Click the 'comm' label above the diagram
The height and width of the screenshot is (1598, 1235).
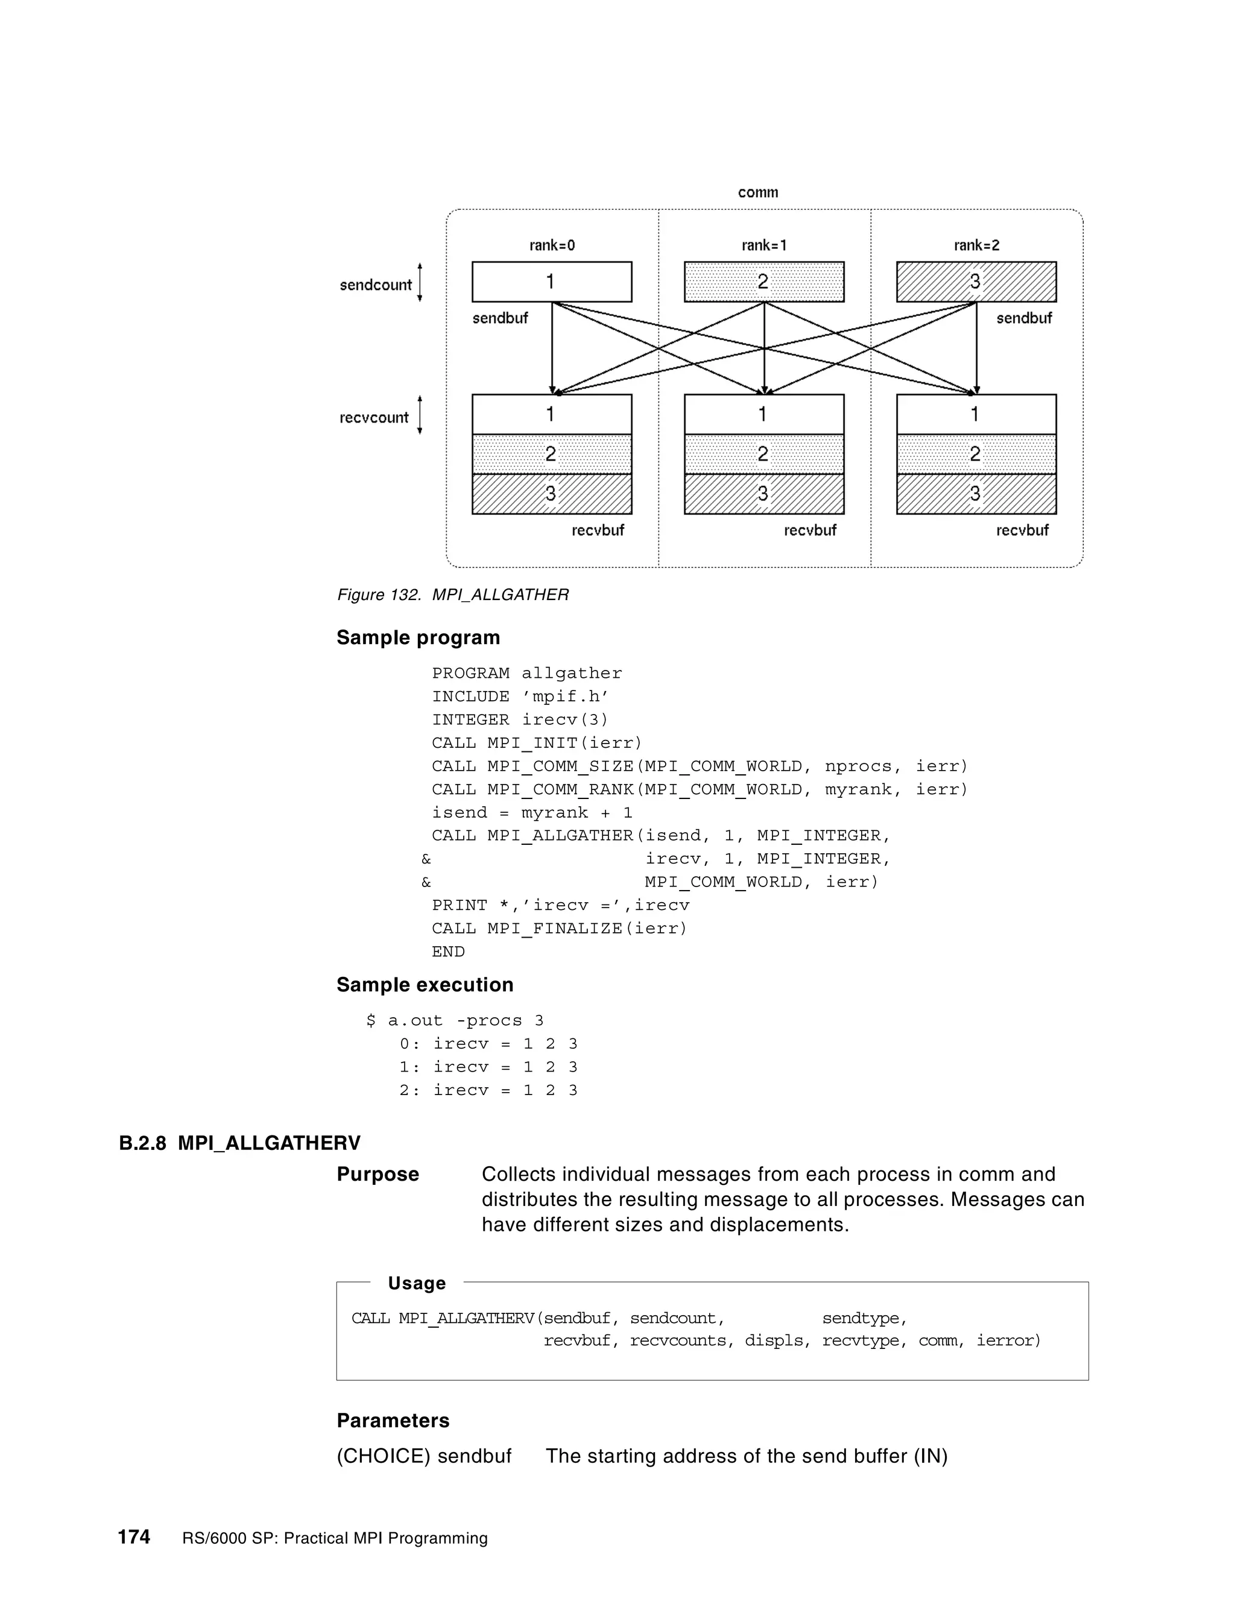pos(757,192)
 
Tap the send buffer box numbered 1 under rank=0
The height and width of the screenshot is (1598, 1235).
pos(552,282)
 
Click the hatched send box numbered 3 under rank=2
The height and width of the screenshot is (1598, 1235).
pos(976,282)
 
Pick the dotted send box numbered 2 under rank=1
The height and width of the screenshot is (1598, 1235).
pos(764,282)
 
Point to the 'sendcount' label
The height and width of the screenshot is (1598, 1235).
pos(375,285)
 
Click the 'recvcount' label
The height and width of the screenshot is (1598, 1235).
pos(374,418)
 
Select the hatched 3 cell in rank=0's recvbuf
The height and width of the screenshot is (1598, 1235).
pos(552,494)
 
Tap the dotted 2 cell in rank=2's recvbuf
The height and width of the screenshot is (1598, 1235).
pos(976,455)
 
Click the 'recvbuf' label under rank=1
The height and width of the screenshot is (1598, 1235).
pos(809,531)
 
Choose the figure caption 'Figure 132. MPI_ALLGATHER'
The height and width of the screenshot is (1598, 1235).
pos(452,595)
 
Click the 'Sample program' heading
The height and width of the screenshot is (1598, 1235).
pos(418,637)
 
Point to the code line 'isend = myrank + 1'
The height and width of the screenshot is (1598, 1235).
pos(532,813)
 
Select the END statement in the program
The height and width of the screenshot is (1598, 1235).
pos(448,952)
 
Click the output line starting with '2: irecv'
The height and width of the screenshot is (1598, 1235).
pos(488,1090)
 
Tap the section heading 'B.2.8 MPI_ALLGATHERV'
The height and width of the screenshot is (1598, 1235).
pos(239,1143)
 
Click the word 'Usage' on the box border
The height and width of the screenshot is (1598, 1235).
pos(416,1283)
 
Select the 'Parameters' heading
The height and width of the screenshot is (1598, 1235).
pos(393,1421)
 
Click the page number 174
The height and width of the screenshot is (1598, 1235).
pos(134,1536)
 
